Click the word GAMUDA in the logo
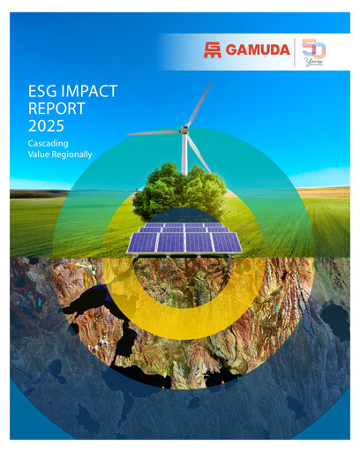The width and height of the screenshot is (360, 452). click(x=259, y=50)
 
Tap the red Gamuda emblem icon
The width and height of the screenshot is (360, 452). click(x=213, y=50)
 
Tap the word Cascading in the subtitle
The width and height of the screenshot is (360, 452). click(x=49, y=142)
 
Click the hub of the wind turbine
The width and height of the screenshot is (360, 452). click(x=184, y=132)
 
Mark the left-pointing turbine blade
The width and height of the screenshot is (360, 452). click(x=154, y=133)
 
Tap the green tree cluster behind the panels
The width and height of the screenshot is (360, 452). click(x=181, y=191)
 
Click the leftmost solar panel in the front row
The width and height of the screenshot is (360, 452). click(x=142, y=243)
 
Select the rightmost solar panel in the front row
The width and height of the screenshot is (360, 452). click(x=226, y=243)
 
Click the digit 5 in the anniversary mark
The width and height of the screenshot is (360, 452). click(x=308, y=49)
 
